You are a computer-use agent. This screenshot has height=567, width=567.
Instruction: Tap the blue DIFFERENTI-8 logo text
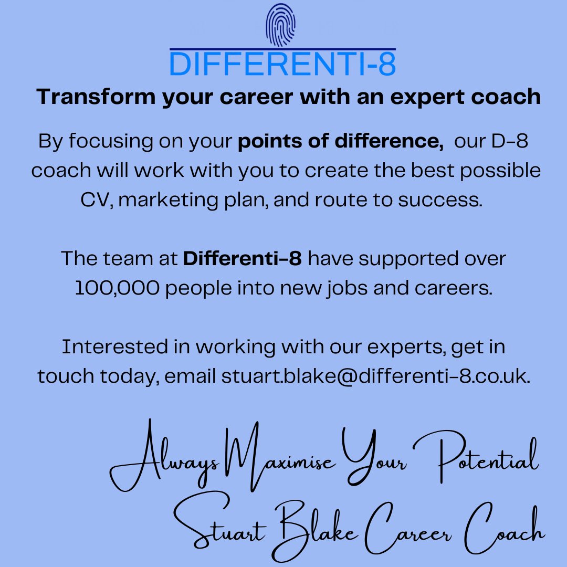(283, 64)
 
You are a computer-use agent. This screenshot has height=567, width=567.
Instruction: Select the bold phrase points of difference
(340, 142)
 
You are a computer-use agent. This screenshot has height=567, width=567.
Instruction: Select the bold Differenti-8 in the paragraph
(242, 258)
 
